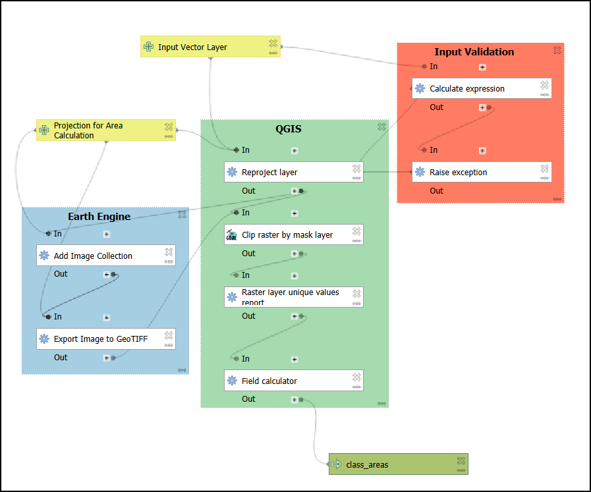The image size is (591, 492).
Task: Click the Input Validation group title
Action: [x=474, y=52]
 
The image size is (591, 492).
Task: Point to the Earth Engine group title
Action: [x=99, y=217]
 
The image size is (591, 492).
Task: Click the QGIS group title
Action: [x=288, y=129]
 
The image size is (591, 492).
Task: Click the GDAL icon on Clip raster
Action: [x=231, y=236]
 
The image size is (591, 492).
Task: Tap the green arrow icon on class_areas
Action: [x=336, y=464]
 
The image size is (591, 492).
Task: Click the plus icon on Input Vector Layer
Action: [x=148, y=47]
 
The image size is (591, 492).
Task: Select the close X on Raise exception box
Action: [x=544, y=168]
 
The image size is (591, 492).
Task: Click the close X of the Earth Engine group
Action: [x=182, y=214]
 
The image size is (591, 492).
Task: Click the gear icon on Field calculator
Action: [x=231, y=381]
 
